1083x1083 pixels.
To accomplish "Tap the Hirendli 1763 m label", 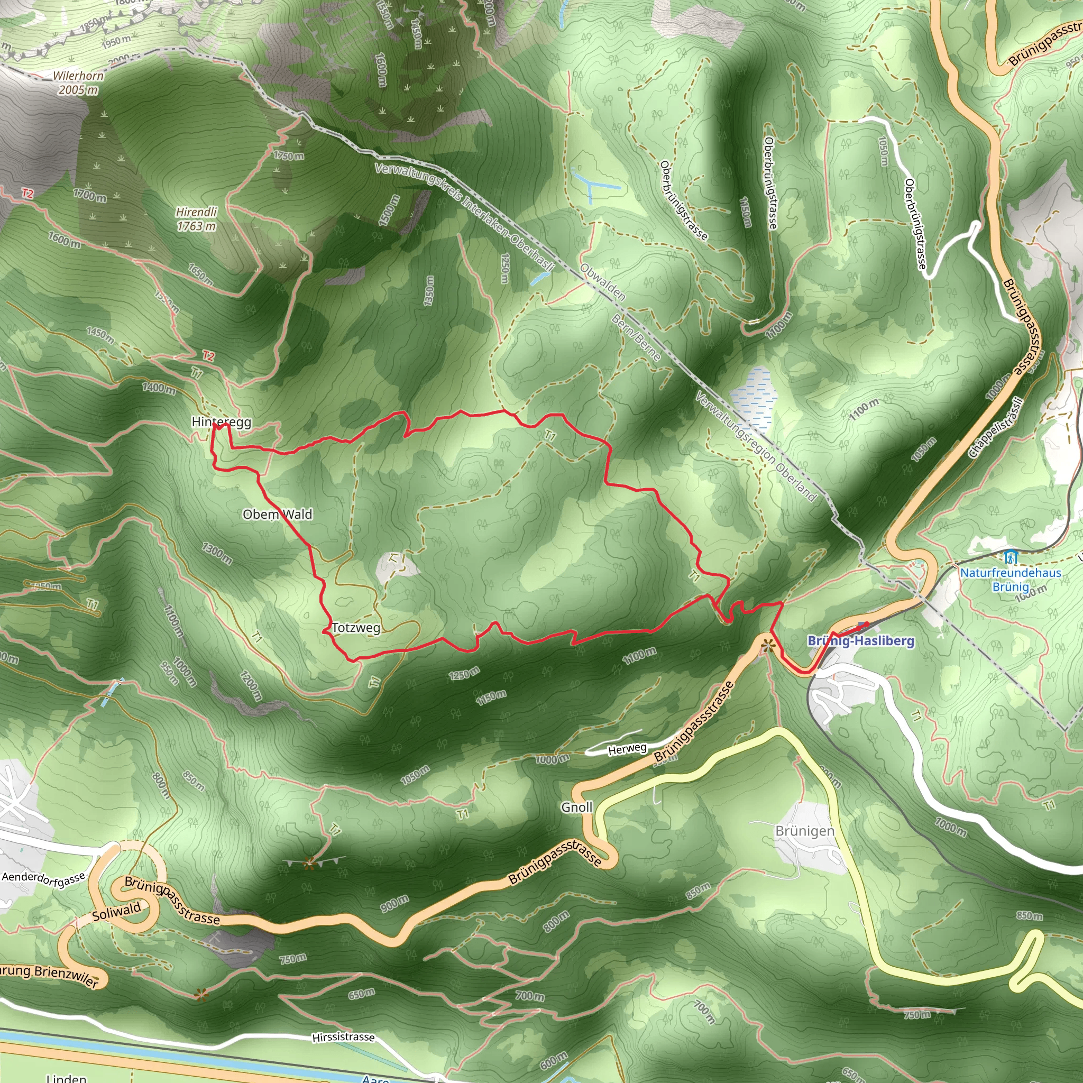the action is point(196,218).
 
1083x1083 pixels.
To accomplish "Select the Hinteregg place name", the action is point(221,421).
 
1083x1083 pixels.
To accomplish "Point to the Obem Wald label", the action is point(278,514).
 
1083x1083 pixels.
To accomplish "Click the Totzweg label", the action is point(356,628).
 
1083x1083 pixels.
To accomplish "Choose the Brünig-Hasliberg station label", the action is point(860,641).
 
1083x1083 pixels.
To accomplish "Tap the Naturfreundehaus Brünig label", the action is point(1011,580).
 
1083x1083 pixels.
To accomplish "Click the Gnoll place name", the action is point(577,807).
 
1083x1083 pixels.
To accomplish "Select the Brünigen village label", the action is point(805,831).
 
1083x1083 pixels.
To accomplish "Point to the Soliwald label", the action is point(116,912).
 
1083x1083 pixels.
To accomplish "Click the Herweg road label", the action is point(627,749).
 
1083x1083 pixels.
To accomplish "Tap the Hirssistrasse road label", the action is point(343,1037).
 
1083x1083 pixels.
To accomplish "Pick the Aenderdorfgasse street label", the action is point(44,883).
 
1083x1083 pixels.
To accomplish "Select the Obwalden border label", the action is point(603,281).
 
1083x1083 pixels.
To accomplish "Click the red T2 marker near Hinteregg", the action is point(208,356).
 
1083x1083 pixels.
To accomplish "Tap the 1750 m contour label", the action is point(289,155).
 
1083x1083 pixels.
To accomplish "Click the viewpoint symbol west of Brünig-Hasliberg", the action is point(768,646).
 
